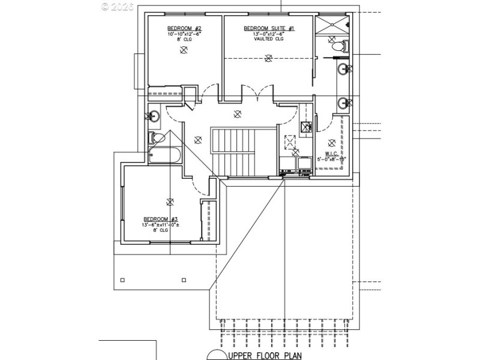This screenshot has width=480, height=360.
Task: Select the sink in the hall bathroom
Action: (153, 116)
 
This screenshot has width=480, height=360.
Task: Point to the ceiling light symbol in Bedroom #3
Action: (170, 202)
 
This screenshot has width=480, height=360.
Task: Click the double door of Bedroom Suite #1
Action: (257, 95)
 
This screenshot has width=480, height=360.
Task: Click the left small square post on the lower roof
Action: (122, 279)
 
